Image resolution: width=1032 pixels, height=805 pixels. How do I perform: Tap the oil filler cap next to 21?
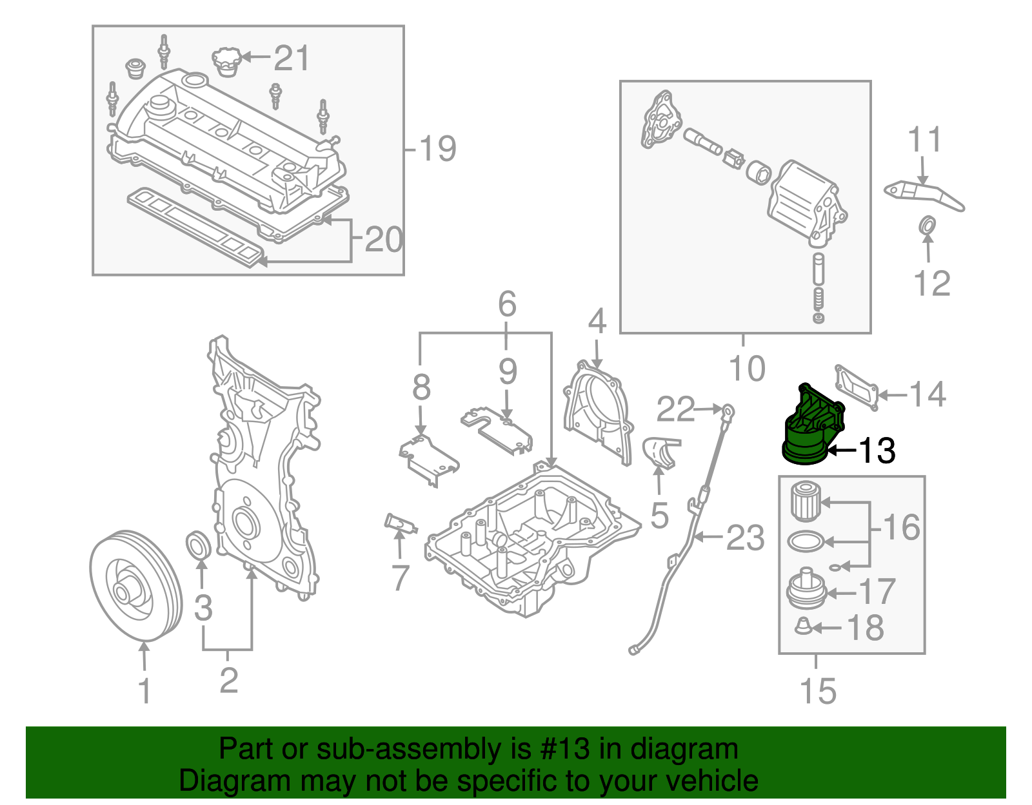(x=226, y=61)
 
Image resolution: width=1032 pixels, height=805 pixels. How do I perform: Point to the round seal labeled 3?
(x=199, y=545)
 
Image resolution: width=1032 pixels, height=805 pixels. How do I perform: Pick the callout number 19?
(x=437, y=149)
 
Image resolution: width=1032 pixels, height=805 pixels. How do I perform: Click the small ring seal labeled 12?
(x=927, y=226)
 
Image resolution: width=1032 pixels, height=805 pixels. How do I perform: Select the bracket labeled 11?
(x=922, y=193)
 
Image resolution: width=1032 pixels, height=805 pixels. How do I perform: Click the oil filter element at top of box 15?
(x=805, y=501)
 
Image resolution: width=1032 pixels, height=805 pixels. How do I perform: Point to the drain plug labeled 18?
(x=802, y=625)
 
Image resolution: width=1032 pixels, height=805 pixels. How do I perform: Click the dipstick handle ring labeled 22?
(x=728, y=410)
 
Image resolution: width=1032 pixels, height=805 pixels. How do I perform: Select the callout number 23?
(x=745, y=538)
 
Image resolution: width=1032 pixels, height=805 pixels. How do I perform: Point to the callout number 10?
(x=746, y=368)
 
